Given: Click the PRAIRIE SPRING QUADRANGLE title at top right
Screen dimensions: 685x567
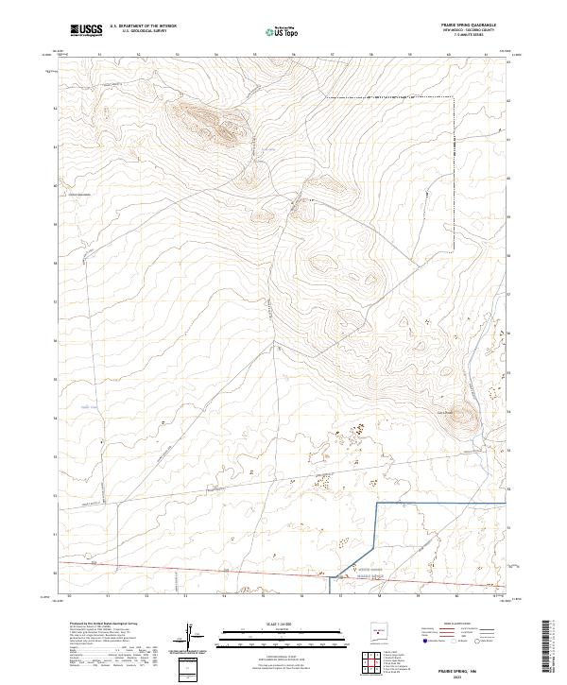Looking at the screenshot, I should [474, 26].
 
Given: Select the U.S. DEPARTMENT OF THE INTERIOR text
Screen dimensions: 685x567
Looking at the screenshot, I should [143, 26].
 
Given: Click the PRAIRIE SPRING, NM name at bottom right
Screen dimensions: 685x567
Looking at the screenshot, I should [478, 667].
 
